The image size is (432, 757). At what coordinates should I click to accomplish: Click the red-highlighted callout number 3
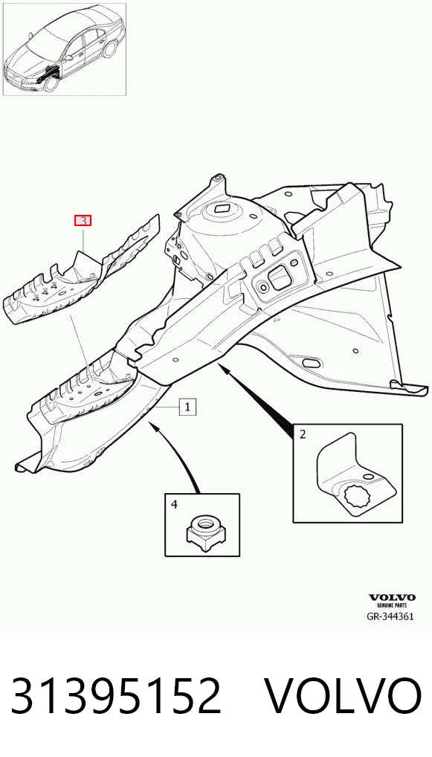point(83,221)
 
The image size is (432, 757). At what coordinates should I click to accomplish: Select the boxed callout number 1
point(187,407)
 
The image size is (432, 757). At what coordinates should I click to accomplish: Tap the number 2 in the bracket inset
point(303,434)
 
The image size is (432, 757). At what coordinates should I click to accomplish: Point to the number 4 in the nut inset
point(174,504)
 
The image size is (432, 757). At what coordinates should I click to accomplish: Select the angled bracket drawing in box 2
point(355,472)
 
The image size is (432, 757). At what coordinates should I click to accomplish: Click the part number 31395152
point(116,696)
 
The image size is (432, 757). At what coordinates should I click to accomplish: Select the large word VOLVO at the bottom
point(344,696)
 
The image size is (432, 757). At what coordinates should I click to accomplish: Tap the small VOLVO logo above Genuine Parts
point(392,598)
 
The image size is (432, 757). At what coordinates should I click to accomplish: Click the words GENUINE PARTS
point(392,605)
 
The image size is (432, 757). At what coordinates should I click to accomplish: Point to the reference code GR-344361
point(390,616)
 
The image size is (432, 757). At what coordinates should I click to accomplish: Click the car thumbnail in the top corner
point(65,50)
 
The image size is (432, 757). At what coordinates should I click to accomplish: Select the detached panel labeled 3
point(81,274)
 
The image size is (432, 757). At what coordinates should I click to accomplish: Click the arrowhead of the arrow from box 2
point(222,368)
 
